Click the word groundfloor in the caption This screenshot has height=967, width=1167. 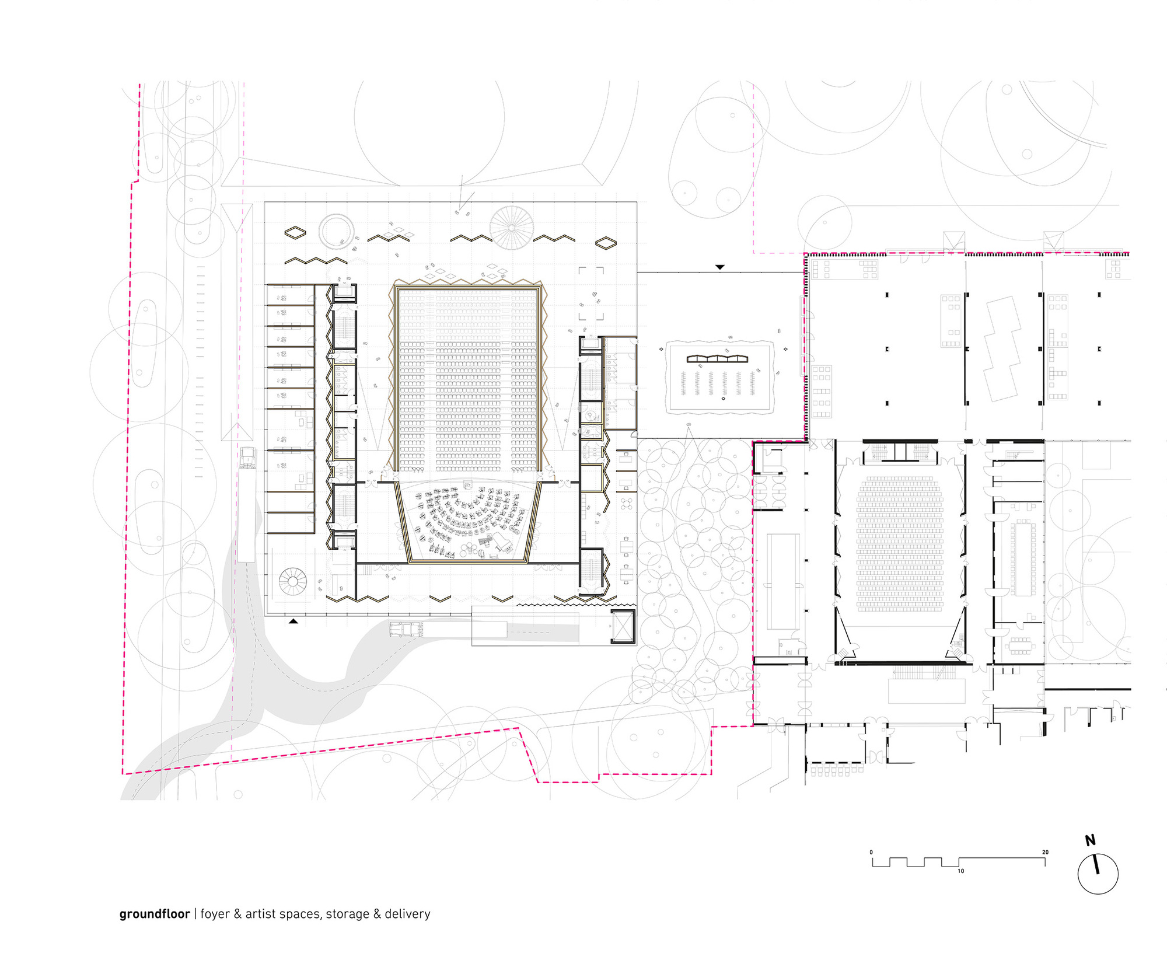point(154,914)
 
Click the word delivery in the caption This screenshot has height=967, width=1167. point(407,914)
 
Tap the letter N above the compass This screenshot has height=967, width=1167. point(1090,840)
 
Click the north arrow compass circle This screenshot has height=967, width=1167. point(1098,874)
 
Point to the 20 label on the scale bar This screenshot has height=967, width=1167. point(1045,852)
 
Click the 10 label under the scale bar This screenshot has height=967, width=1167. point(960,871)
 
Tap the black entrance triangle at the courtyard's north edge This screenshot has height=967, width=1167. point(719,267)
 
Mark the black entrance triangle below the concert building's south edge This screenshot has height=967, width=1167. point(294,622)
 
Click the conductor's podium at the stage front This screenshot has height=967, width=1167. point(467,484)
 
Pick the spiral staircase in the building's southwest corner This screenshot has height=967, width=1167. point(292,581)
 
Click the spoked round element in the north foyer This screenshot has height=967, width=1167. point(511,228)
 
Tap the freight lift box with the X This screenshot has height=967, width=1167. point(623,627)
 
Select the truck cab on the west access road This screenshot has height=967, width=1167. point(248,458)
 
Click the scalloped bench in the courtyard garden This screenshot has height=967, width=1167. point(717,358)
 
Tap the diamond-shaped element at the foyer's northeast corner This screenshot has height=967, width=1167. point(606,243)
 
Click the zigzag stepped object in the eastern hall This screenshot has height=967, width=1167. point(1002,348)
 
